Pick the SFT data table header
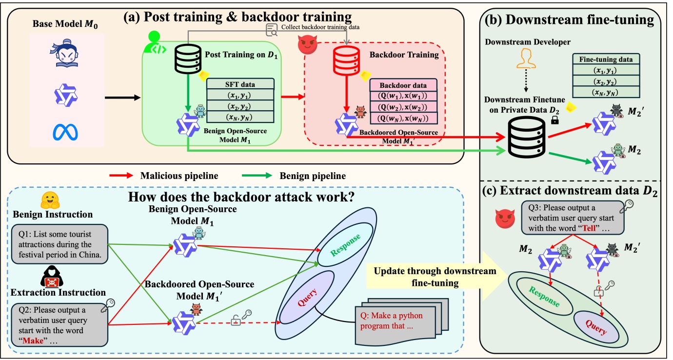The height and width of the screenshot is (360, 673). (x=240, y=84)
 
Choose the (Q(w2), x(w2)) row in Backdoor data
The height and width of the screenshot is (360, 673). (x=403, y=107)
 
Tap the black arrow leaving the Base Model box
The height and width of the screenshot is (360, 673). (x=121, y=98)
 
